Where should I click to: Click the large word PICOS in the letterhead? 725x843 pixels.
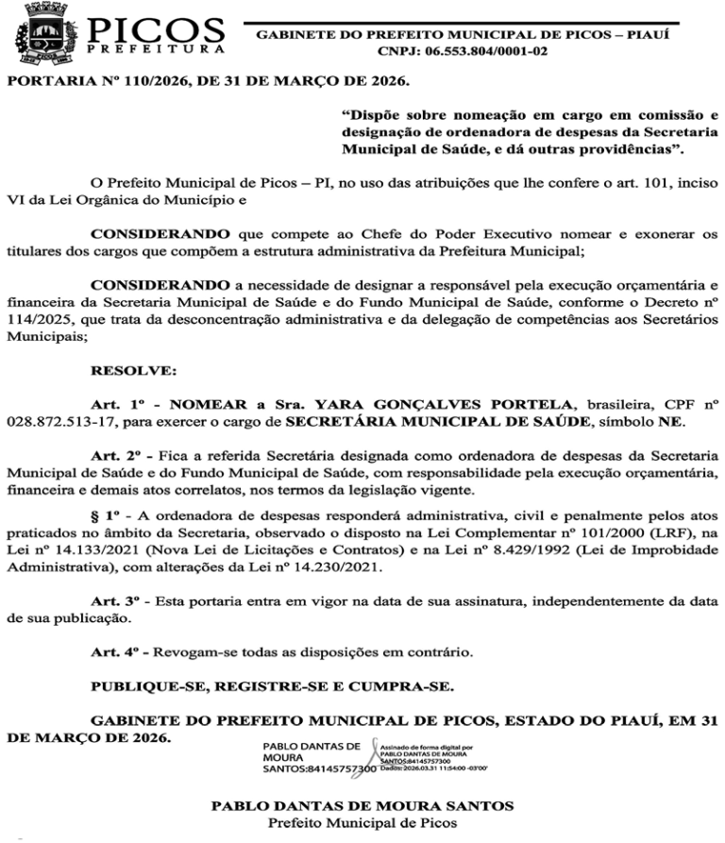click(158, 28)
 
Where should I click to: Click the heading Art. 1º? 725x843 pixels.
click(112, 402)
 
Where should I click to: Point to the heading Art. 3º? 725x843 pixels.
click(112, 600)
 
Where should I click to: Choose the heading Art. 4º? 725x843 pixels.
click(112, 652)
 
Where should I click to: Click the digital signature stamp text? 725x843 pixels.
click(429, 759)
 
